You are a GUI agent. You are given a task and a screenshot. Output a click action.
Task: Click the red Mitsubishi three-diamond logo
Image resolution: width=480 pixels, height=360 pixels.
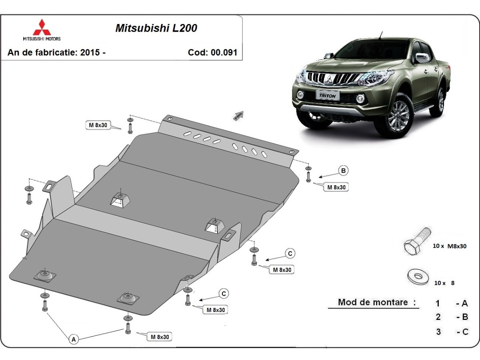[x=42, y=27]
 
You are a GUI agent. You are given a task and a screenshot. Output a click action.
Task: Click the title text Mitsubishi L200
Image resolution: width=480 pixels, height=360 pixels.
[x=156, y=28]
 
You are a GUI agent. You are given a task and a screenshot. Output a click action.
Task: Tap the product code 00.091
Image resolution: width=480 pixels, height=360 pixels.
[x=224, y=52]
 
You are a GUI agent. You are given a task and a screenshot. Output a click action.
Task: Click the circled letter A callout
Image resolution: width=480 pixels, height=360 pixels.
[x=74, y=340]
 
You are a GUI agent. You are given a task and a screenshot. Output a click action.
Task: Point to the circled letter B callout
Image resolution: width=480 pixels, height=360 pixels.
[x=343, y=171]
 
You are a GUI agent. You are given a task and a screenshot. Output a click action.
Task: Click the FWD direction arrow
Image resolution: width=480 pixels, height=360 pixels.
[x=238, y=116]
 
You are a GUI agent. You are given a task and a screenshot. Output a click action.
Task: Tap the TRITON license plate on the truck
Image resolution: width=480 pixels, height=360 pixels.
[x=327, y=95]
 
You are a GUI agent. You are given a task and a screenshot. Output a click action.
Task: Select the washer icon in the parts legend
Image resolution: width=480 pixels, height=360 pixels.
[x=418, y=277]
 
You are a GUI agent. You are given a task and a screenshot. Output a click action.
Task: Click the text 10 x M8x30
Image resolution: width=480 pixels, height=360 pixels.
[x=450, y=246]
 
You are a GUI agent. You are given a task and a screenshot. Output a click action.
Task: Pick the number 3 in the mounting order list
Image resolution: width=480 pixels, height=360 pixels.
[x=438, y=332]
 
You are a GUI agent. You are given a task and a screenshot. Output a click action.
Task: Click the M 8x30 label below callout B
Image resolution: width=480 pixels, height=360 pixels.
[x=336, y=187]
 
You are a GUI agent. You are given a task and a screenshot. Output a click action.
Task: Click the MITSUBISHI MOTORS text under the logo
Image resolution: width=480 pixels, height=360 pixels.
[x=42, y=39]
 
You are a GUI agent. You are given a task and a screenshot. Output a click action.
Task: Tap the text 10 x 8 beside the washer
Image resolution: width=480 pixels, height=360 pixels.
[x=444, y=283]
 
